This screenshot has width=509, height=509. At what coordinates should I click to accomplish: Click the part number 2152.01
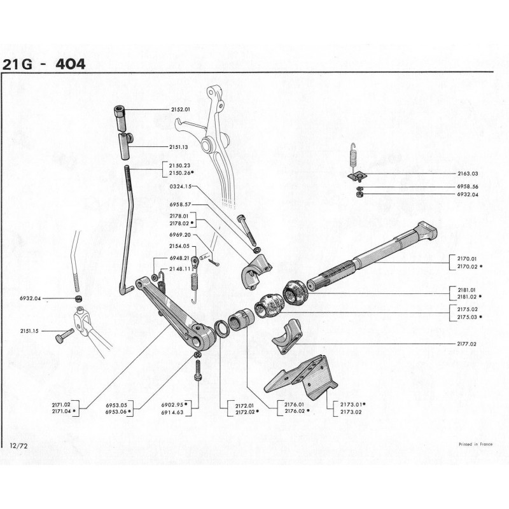point(181,109)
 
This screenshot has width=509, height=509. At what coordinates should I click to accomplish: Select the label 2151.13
point(181,147)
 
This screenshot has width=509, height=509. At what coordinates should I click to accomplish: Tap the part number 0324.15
point(180,187)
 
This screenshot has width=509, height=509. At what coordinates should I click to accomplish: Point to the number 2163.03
point(468,173)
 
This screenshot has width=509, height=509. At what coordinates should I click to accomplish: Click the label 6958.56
point(468,187)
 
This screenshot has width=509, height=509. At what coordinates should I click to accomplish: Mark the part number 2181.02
point(467,296)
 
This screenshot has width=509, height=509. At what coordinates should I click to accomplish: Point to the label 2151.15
point(29,331)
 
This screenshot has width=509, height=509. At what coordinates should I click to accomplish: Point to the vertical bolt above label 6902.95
point(199,370)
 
